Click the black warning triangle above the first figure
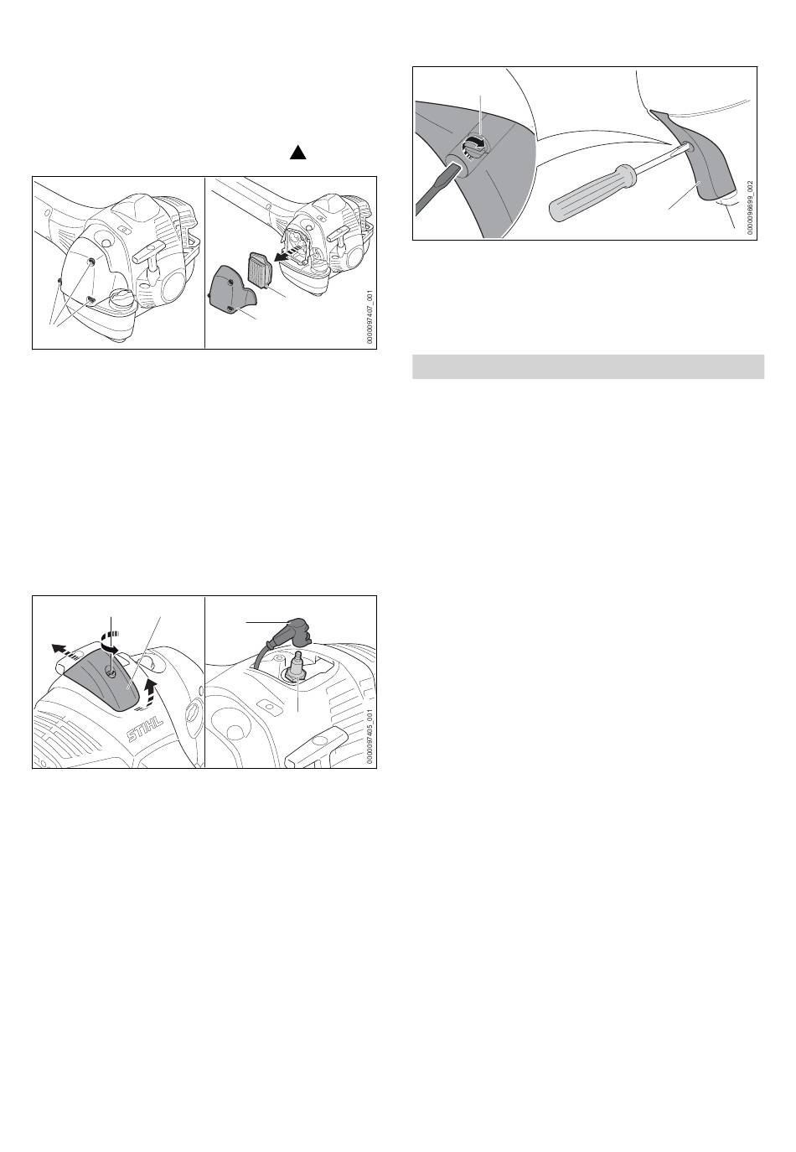coord(297,153)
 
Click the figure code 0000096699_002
coord(750,207)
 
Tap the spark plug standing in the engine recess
coord(297,668)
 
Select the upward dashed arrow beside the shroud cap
coord(149,690)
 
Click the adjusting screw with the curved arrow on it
coord(473,145)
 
